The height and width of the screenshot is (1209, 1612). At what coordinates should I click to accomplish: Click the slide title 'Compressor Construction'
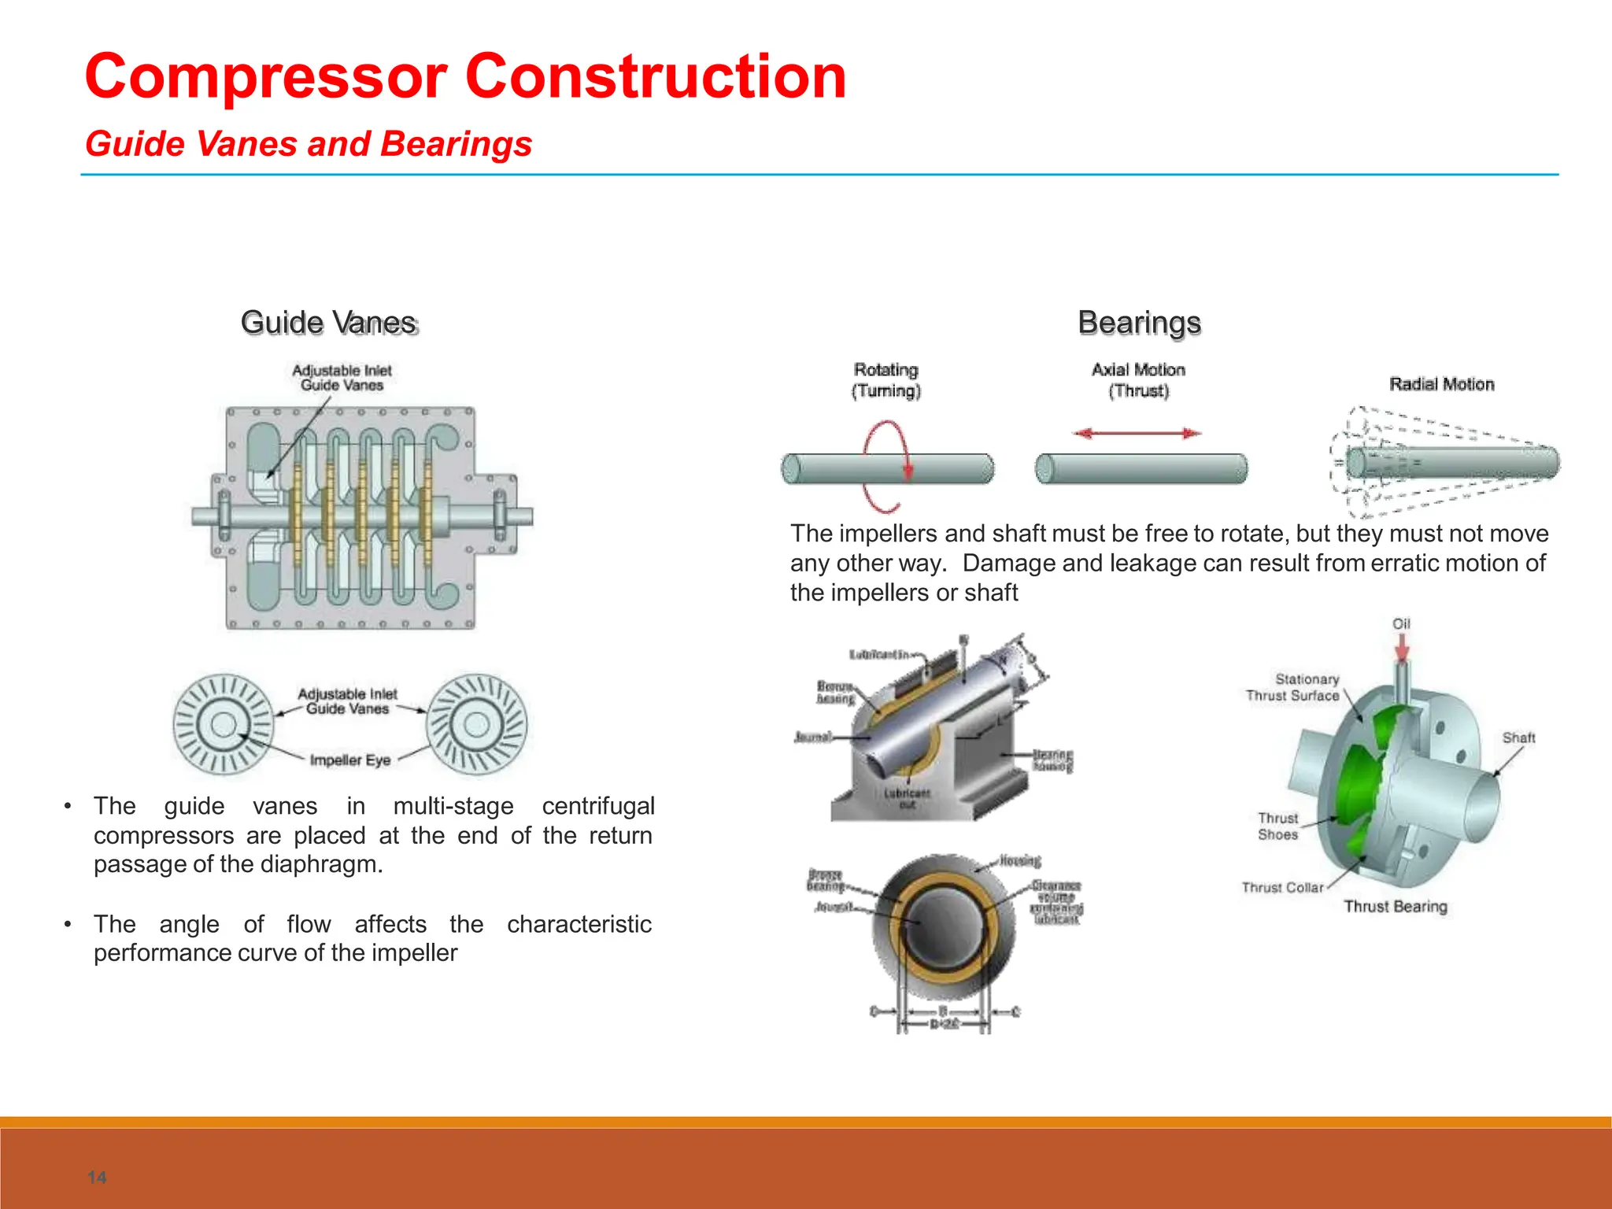click(465, 76)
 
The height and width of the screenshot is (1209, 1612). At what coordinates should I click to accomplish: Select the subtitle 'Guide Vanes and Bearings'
click(309, 144)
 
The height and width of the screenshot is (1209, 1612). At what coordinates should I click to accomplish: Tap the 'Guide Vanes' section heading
click(329, 323)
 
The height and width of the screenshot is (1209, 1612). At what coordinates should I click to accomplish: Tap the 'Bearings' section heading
click(1139, 323)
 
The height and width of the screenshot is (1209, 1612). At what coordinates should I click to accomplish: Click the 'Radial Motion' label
click(1441, 384)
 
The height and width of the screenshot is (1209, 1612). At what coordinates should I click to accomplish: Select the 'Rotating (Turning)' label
click(885, 380)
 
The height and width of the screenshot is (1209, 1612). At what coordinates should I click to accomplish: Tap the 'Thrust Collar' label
click(1283, 887)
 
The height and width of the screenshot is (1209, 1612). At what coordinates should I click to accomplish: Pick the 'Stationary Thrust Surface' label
click(1293, 687)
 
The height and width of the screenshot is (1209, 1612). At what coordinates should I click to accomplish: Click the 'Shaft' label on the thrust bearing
click(1518, 738)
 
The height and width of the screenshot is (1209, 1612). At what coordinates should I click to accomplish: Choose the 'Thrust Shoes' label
click(1277, 826)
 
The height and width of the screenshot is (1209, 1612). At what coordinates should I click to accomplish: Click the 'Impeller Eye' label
click(349, 760)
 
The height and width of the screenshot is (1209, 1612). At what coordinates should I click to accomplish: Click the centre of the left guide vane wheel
click(224, 724)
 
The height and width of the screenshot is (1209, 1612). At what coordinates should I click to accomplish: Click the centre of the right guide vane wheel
click(477, 724)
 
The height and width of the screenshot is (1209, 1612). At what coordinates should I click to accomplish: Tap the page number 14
click(97, 1178)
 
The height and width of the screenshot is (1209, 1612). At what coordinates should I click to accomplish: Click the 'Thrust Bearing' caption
click(1395, 907)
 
